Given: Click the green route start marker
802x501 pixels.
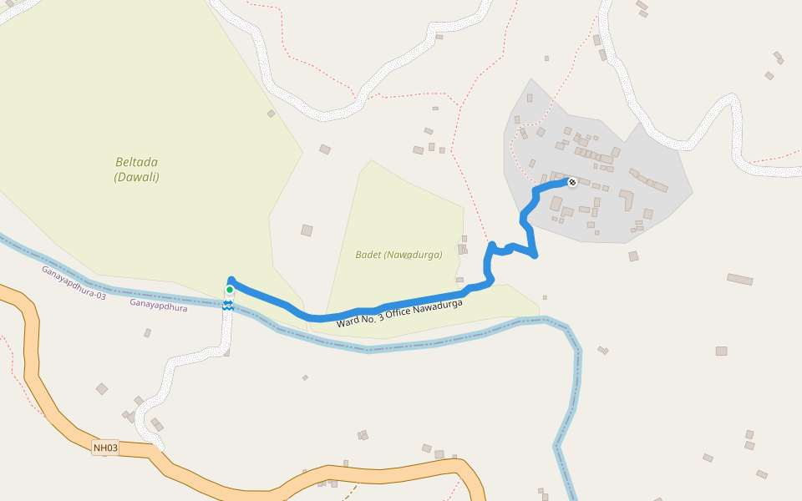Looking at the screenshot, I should tap(230, 290).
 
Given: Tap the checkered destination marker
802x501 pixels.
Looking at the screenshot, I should tap(572, 182).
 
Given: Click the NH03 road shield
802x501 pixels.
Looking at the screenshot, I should tap(105, 448).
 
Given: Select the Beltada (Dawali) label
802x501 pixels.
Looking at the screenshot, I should tap(136, 170).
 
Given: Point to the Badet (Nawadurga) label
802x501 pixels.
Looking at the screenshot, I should tap(398, 255).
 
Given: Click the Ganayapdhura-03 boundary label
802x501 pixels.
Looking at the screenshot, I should tap(74, 282).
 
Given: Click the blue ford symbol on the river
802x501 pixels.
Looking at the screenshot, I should tap(227, 305).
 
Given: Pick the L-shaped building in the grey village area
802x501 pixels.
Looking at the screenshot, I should tap(626, 200).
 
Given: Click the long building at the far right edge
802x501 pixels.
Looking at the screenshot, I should tap(739, 279).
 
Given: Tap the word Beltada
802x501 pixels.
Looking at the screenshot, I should tap(136, 162).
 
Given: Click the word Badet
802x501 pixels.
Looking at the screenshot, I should tap(368, 255).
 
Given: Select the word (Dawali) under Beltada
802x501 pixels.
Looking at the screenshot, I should tap(136, 177).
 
